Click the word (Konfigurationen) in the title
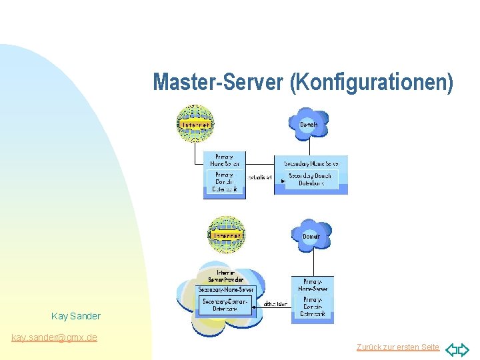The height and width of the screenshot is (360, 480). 371,82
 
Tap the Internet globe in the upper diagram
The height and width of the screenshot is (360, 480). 195,123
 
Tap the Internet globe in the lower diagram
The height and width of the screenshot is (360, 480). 227,235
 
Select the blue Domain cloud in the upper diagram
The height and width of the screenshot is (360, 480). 308,124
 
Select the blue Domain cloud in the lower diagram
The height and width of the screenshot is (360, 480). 311,235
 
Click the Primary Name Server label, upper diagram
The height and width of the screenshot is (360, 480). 224,160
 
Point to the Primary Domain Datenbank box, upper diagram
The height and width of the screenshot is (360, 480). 224,181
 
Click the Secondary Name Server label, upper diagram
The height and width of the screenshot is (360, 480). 311,163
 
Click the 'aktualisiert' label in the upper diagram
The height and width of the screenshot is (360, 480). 260,177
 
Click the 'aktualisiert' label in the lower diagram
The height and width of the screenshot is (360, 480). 275,304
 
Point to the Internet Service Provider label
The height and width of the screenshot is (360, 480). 225,277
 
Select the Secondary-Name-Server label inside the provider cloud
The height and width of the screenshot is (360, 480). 226,290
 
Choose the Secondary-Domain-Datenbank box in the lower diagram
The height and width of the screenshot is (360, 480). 225,305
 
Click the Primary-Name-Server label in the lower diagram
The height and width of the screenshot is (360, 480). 312,285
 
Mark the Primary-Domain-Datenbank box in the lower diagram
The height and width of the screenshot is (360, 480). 312,307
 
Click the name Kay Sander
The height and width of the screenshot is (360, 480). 76,316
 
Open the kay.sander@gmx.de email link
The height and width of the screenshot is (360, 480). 54,337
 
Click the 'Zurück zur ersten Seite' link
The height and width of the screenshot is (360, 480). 398,347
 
